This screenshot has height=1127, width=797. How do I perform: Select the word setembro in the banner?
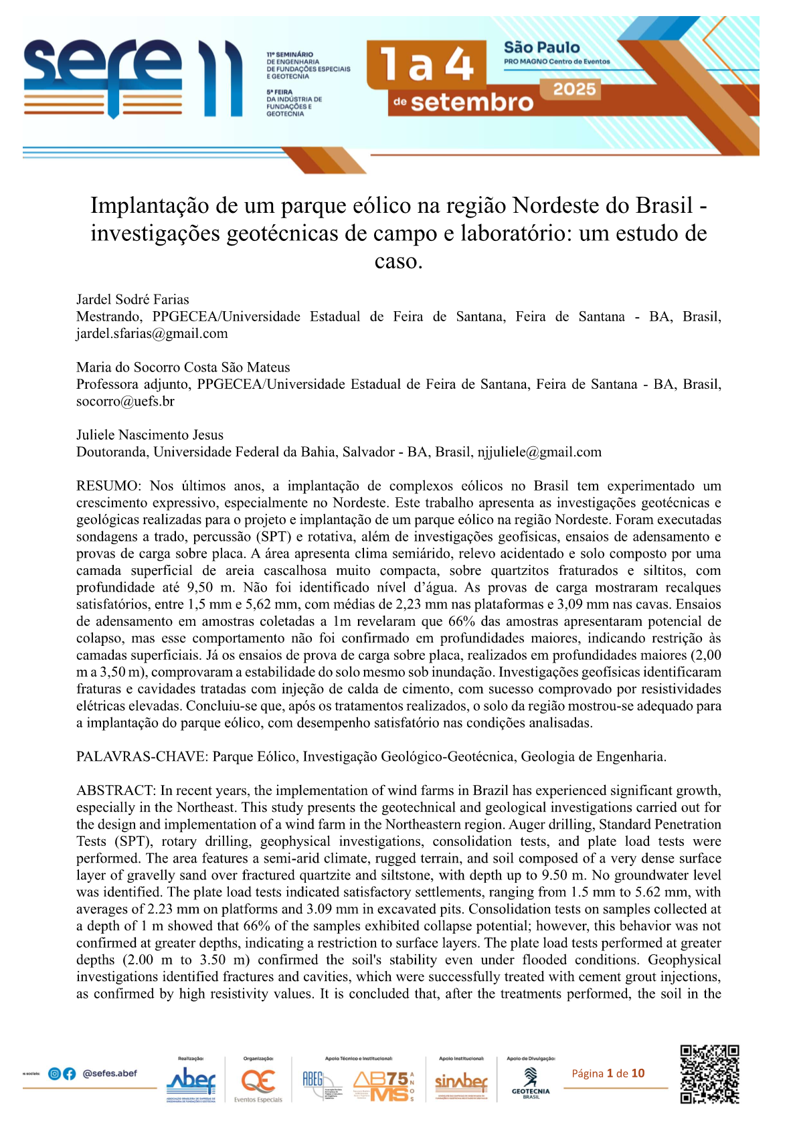(471, 102)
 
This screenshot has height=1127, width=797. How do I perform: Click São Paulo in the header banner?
(541, 48)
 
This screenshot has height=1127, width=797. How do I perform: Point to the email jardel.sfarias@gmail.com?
(152, 333)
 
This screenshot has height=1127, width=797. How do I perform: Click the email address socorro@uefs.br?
(125, 401)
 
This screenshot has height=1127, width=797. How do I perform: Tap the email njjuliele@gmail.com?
(539, 452)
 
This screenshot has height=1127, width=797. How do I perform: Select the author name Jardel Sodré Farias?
(132, 299)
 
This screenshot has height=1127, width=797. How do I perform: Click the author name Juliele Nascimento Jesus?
(150, 435)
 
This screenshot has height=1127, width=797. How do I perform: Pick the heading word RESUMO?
(108, 486)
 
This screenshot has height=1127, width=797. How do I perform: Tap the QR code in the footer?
(709, 1074)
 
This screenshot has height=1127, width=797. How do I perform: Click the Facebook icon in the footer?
(69, 1073)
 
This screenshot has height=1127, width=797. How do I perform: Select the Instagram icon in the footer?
(55, 1073)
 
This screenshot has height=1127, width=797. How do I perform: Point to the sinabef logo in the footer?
(461, 1081)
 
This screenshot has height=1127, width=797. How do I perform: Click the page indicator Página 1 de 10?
(608, 1073)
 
